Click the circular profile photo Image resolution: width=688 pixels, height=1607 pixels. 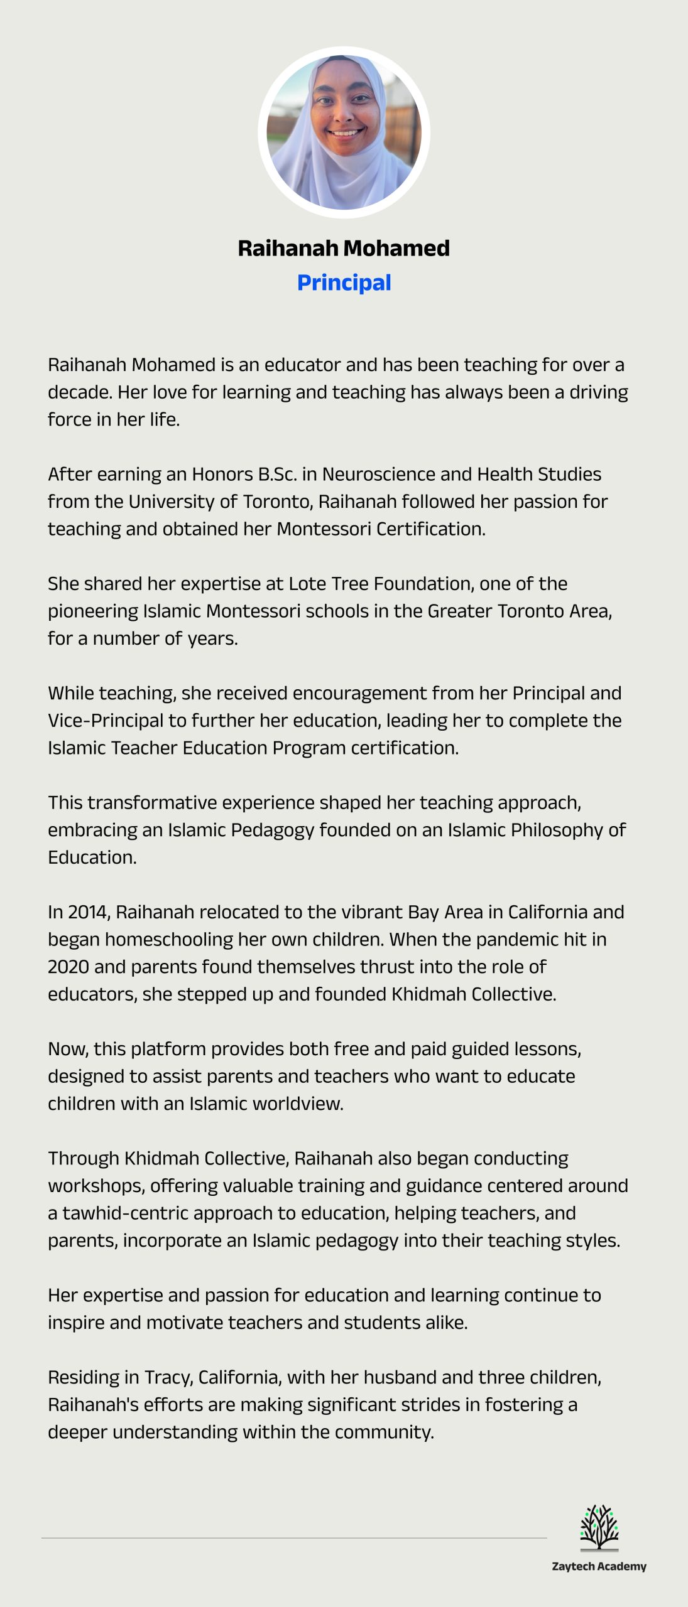point(344,132)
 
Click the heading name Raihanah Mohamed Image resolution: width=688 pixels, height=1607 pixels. point(344,248)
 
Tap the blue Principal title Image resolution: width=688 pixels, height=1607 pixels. point(344,282)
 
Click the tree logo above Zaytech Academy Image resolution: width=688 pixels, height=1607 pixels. point(599,1527)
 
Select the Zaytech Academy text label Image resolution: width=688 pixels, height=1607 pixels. point(599,1566)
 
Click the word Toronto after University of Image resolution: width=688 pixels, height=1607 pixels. point(278,502)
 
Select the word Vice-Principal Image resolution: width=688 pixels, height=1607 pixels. point(106,721)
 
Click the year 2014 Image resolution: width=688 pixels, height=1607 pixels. point(87,912)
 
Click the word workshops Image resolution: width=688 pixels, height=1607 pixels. point(95,1186)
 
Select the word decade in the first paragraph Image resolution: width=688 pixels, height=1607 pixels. point(79,392)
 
